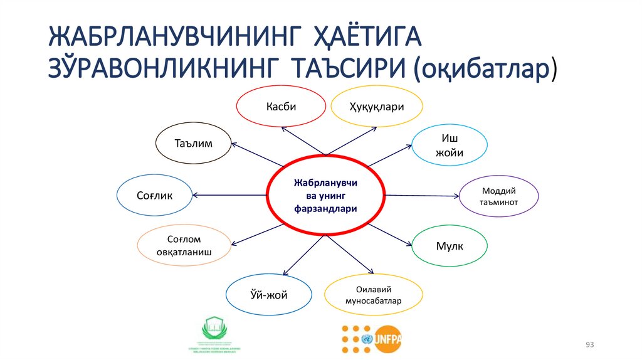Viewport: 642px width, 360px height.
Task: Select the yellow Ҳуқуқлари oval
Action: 376,106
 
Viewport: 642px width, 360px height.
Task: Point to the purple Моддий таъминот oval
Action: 499,197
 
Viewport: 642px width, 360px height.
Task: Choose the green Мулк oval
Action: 449,246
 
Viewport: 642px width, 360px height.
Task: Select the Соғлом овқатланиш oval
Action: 184,246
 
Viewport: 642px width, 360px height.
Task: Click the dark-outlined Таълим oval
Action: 192,144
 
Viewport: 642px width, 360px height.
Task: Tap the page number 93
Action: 589,346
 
